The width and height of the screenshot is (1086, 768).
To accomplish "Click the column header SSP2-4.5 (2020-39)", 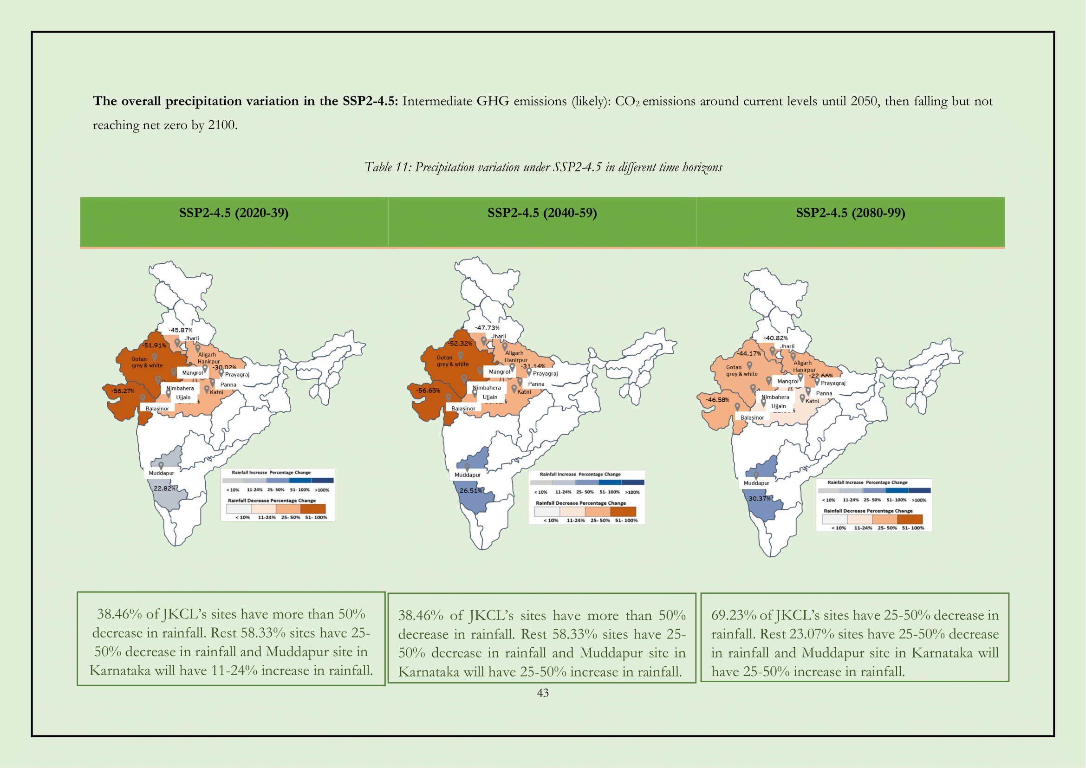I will point(234,213).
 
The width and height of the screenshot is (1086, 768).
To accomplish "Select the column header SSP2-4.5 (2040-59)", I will point(542,213).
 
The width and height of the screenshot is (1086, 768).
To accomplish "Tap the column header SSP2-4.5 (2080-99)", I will point(851,213).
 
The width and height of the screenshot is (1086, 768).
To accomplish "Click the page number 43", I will point(542,693).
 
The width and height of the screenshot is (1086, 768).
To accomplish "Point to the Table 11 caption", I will point(543,167).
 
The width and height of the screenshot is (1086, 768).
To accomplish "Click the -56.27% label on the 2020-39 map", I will point(123,391).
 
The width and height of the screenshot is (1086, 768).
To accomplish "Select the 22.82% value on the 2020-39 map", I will point(164,488).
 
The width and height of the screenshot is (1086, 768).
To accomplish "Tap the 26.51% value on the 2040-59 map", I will point(471,490).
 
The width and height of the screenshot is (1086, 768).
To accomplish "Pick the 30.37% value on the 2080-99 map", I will point(759,498).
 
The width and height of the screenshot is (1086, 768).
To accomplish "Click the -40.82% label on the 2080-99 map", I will point(775,338).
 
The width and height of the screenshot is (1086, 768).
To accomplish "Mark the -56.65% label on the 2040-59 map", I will point(428,391).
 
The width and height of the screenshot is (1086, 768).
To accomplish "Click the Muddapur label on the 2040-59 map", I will point(468,475).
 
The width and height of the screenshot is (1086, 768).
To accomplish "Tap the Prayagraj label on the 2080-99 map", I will point(833,383).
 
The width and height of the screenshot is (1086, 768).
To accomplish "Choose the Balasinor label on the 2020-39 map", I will point(157,409).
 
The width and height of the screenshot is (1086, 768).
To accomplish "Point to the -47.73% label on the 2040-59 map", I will point(487,328).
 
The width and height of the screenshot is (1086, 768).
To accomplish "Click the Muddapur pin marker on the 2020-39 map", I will point(161,466).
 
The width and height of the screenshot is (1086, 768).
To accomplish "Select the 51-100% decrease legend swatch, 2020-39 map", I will point(312,509).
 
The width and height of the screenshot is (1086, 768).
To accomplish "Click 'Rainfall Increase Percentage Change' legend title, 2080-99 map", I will point(867,482).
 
